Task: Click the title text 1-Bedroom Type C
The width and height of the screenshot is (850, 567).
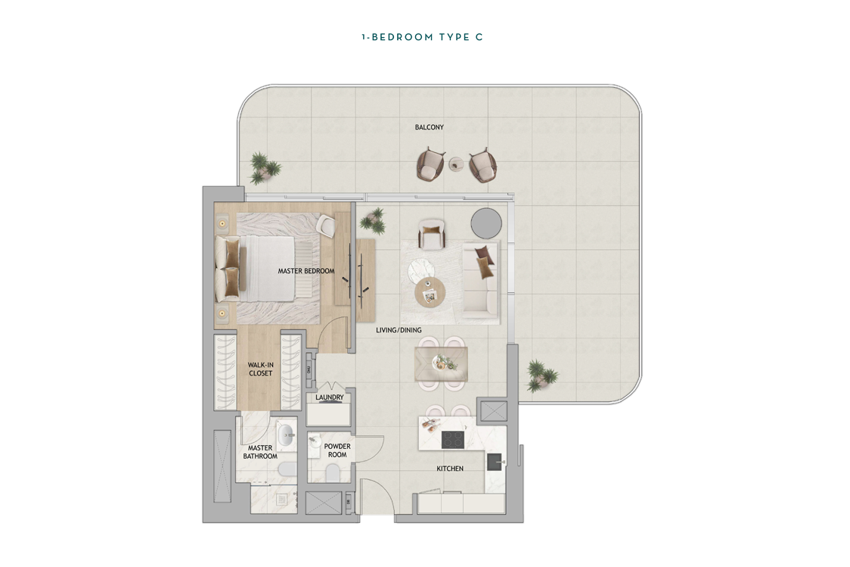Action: point(422,37)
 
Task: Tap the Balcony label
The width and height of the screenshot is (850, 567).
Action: point(430,127)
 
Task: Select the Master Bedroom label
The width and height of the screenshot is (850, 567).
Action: point(306,271)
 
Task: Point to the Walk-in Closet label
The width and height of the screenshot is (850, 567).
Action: point(261,369)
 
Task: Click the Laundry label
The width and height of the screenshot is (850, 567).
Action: point(330,397)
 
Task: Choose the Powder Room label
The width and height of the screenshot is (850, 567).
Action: point(337,450)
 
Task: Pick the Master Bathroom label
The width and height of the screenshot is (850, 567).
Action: point(260,452)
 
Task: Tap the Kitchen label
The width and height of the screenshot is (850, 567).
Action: point(450,469)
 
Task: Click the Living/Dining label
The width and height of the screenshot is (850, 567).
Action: point(399,330)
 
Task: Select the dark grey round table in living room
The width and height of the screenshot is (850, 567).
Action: point(486,223)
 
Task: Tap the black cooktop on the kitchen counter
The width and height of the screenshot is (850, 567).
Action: point(453,440)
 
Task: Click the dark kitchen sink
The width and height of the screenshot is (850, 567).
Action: point(495,462)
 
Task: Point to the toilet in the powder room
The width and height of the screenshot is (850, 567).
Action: point(332,474)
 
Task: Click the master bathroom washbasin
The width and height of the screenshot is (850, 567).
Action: point(286,434)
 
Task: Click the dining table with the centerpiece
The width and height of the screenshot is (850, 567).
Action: point(441,363)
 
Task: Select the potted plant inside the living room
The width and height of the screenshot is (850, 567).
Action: point(374,220)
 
